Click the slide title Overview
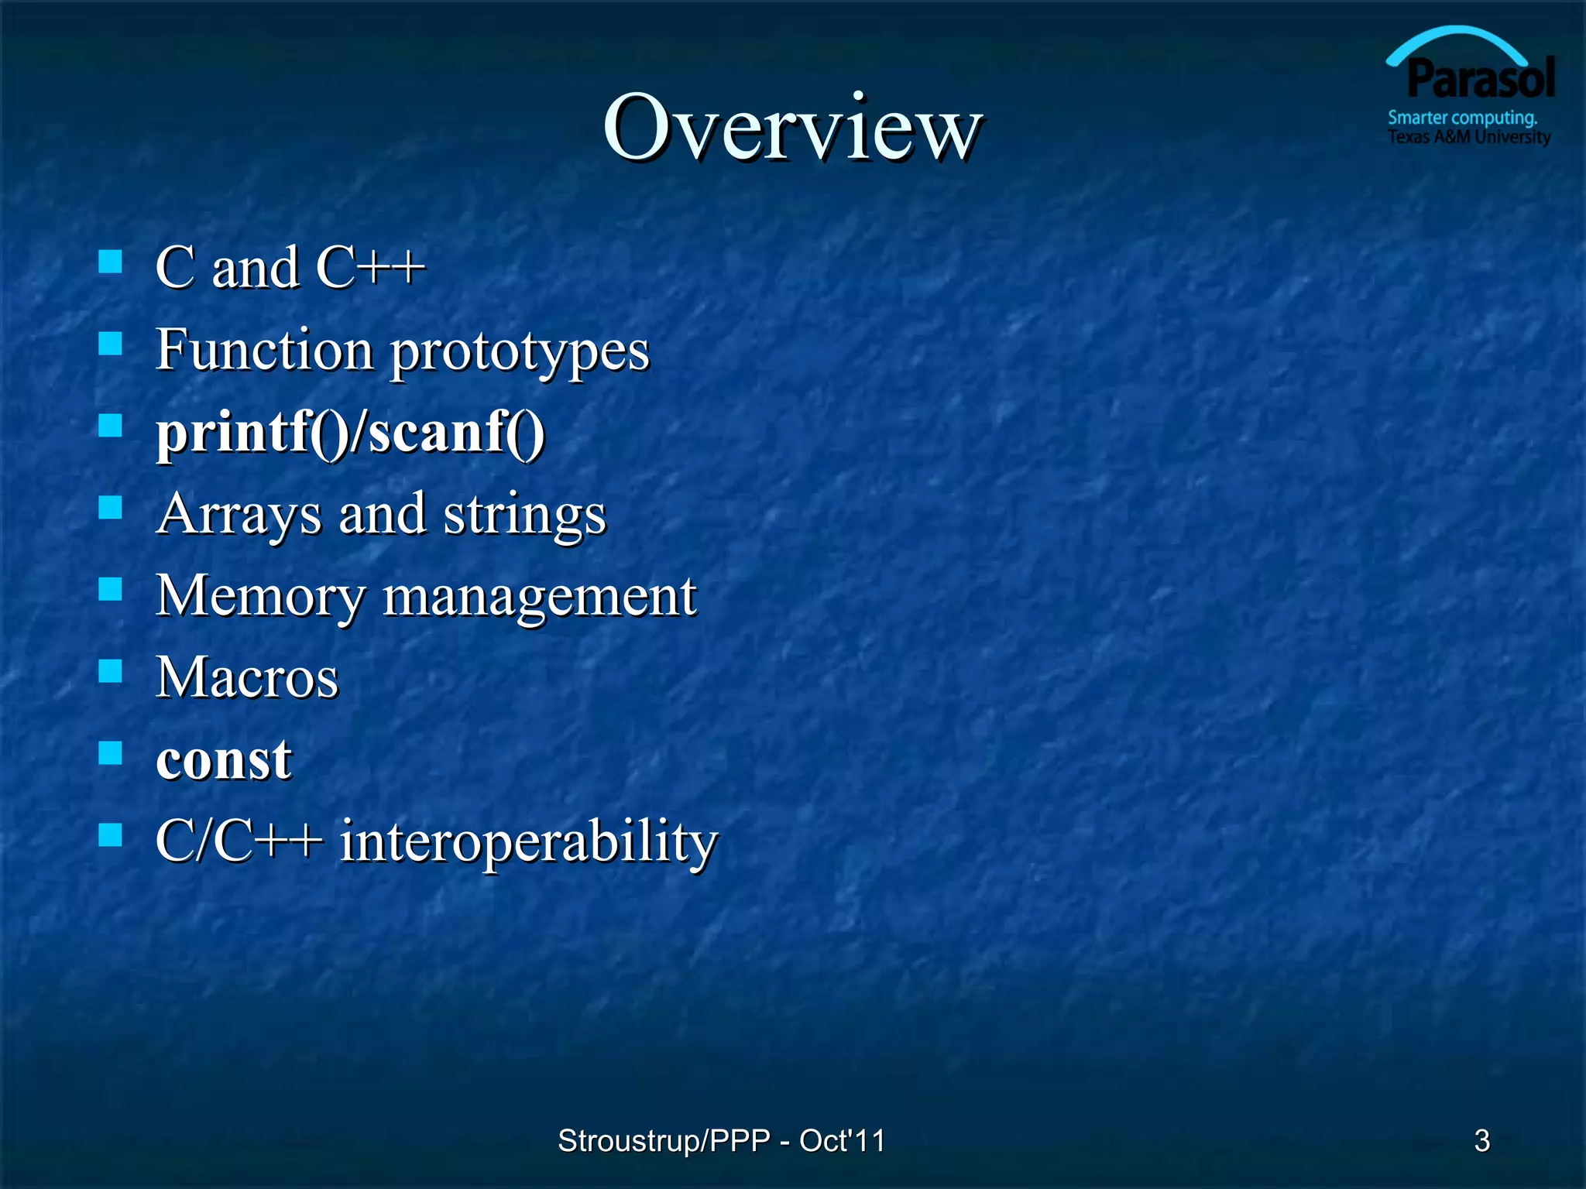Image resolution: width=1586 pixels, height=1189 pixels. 792,128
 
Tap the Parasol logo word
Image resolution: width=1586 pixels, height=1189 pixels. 1481,80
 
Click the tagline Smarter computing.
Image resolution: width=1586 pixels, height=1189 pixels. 1462,118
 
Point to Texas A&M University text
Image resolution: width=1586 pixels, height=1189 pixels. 1468,137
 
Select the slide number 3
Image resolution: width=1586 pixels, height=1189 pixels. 1481,1140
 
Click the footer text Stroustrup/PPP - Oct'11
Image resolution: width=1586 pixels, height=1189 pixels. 721,1140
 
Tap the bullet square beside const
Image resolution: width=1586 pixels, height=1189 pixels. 111,752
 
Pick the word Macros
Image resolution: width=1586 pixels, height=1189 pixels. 247,678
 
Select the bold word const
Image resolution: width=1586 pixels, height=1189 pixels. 224,759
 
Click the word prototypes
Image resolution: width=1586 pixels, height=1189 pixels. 520,352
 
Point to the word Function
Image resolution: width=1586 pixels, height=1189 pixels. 265,350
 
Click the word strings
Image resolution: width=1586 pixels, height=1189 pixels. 524,516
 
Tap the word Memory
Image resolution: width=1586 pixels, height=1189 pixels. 260,597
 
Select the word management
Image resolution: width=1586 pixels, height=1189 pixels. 540,598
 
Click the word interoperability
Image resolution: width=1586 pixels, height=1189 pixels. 529,842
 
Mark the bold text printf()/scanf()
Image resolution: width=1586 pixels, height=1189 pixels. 351,433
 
